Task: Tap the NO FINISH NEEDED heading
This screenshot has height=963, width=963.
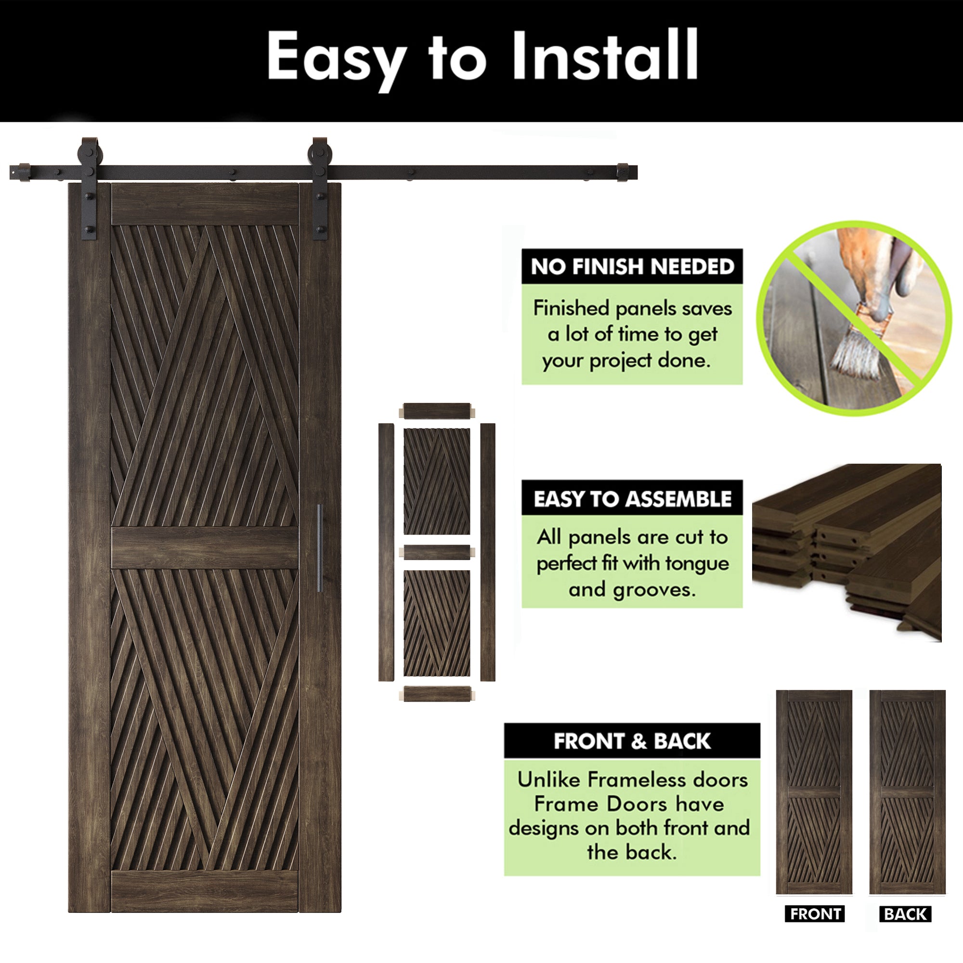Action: pyautogui.click(x=632, y=267)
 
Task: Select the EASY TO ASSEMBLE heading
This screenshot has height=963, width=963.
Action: pyautogui.click(x=632, y=499)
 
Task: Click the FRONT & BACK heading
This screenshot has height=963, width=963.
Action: pyautogui.click(x=632, y=741)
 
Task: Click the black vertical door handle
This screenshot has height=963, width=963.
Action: pyautogui.click(x=320, y=548)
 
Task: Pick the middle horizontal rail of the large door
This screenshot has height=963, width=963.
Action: pyautogui.click(x=205, y=548)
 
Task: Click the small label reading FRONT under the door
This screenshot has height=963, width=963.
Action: pyautogui.click(x=815, y=914)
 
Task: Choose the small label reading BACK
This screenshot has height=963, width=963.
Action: pyautogui.click(x=905, y=914)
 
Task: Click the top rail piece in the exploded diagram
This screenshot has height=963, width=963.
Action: pyautogui.click(x=437, y=411)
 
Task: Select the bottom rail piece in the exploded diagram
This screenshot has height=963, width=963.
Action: pyautogui.click(x=437, y=694)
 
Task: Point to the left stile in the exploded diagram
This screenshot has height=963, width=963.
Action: pyautogui.click(x=386, y=552)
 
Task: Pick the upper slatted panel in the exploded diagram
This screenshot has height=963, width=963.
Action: pyautogui.click(x=437, y=481)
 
